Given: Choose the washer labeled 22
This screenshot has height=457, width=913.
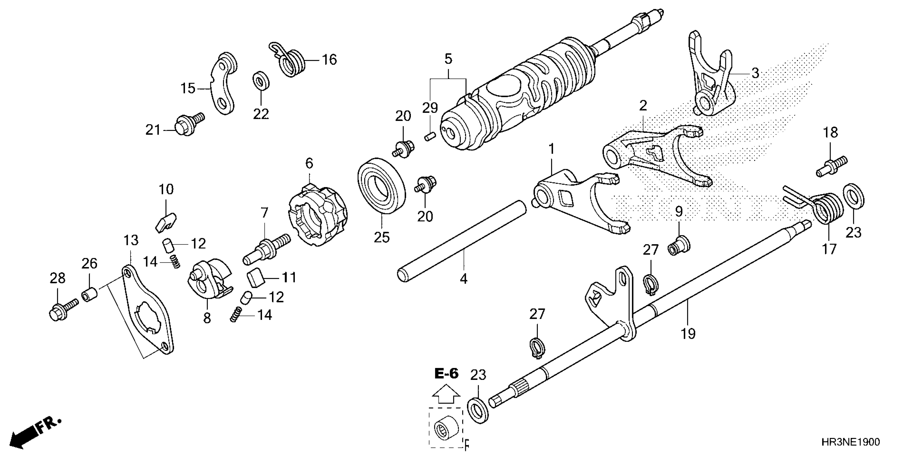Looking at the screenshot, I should tap(261, 81).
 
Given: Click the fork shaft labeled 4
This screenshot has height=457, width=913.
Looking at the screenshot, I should tap(461, 241).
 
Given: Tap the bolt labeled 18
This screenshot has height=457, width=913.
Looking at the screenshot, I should tap(831, 167).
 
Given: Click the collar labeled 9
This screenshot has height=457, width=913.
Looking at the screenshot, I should tap(678, 245).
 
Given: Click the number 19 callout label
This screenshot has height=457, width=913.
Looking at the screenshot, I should tap(688, 334).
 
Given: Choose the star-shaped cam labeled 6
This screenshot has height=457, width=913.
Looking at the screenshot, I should tap(317, 215).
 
